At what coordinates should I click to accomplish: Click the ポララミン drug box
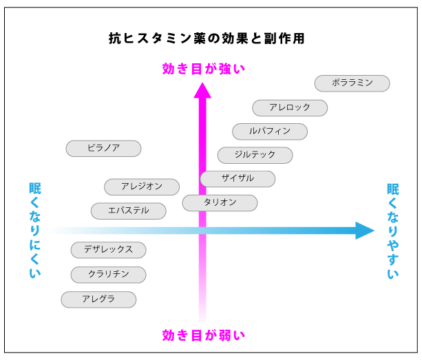pos(352,83)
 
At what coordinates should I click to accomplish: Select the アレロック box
pos(289,108)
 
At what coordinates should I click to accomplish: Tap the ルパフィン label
pos(269,131)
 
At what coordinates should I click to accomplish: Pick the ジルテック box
pos(255,156)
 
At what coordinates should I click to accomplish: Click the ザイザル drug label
pos(238,179)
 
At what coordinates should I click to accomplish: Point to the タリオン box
pos(220,203)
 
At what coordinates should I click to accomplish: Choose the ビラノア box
pos(103,149)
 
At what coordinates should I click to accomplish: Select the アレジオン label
pos(142,187)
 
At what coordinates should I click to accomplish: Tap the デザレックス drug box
pos(108,250)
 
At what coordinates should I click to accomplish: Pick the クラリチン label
pos(108,275)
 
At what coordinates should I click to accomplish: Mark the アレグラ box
pos(98,299)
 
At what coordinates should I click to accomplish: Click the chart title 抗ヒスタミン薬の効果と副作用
pos(207,39)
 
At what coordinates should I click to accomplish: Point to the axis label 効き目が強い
pos(203,69)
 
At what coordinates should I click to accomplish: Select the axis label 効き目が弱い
pos(203,336)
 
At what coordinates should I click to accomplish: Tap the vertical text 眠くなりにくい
pos(35,231)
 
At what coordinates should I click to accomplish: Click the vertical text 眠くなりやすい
pos(392,231)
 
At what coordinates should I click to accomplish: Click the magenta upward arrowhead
pos(202,90)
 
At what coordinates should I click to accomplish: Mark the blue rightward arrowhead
pos(364,231)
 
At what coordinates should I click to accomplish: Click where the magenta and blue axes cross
pos(202,231)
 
